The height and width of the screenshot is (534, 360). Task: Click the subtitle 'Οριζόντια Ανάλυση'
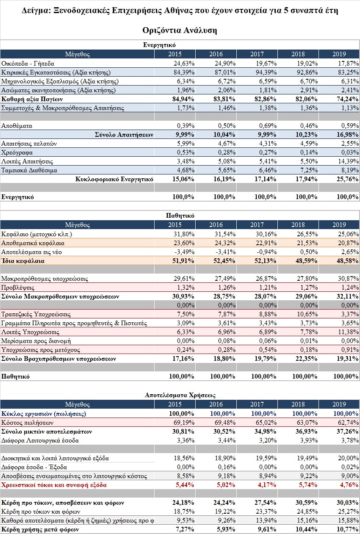pos(180,30)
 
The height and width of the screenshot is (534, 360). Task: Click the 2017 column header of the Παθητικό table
pos(257,225)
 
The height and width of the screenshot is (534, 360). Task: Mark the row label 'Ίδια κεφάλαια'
pos(23,261)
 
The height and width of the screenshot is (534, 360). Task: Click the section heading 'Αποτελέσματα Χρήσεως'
pos(180,395)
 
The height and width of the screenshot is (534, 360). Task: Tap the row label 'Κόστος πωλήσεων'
pos(27,423)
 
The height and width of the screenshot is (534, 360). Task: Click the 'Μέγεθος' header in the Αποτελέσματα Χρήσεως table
pos(77,404)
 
